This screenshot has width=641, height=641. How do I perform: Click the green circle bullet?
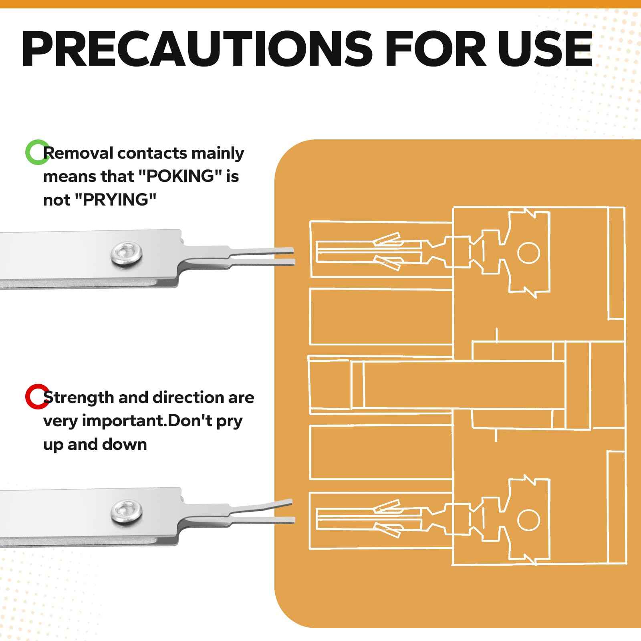point(37,152)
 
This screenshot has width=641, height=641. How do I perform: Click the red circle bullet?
point(37,397)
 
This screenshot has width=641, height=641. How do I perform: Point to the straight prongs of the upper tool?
point(262,256)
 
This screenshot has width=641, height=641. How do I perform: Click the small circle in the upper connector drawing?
point(529,253)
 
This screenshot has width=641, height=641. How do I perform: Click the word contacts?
point(152,153)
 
